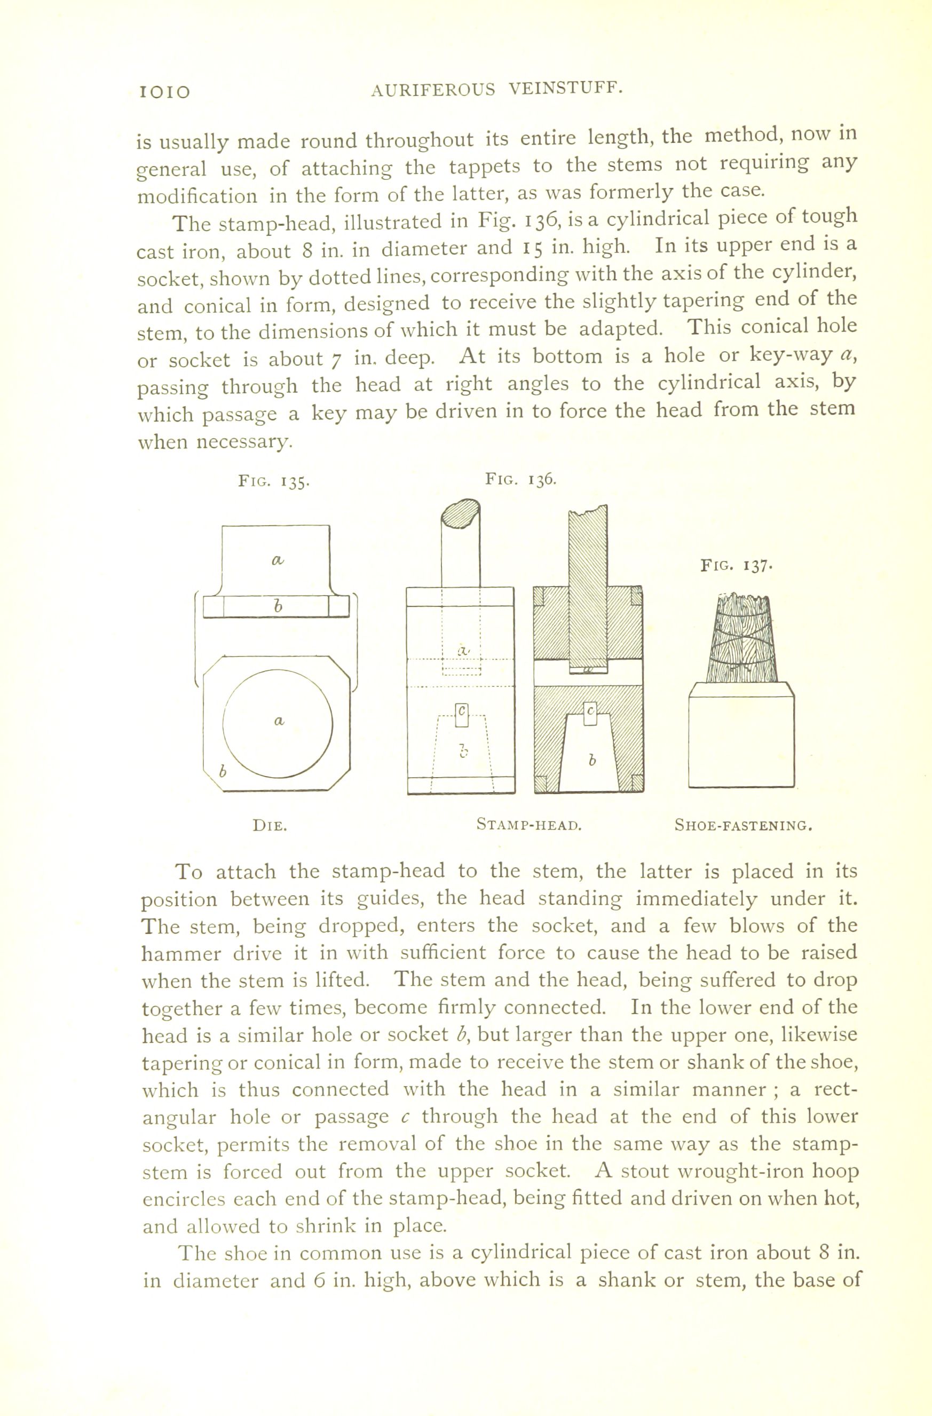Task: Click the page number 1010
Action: (x=164, y=92)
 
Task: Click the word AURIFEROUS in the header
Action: (x=433, y=90)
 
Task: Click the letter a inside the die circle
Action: (x=278, y=721)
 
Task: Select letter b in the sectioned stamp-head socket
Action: (x=591, y=761)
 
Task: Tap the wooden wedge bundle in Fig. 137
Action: (x=741, y=640)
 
